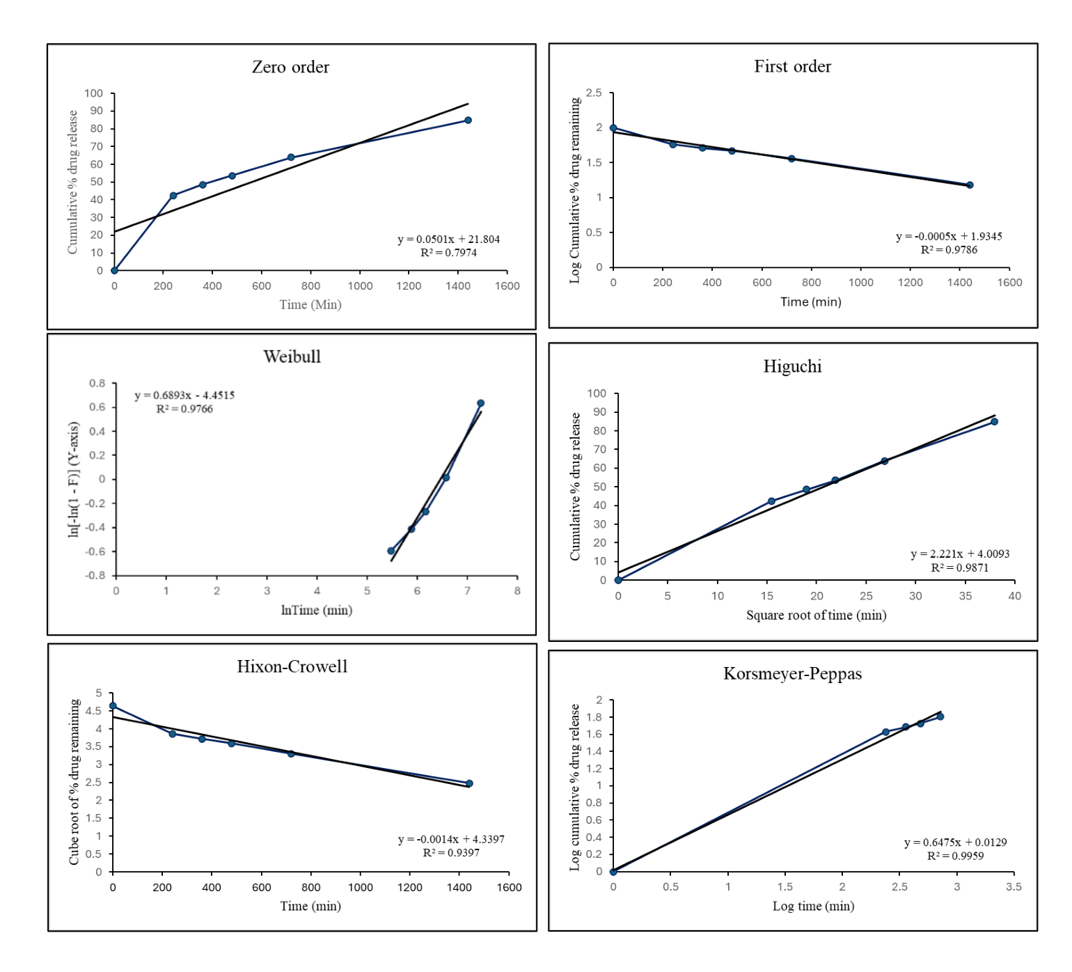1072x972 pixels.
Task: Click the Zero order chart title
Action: click(x=290, y=67)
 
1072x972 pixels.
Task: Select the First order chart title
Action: click(x=792, y=66)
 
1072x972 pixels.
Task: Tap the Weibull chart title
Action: click(x=292, y=356)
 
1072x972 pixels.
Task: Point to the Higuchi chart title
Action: click(x=792, y=366)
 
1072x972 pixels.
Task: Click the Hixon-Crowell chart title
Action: click(x=292, y=666)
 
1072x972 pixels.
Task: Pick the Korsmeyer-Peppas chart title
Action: click(x=792, y=673)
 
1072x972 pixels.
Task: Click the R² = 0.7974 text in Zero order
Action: click(x=448, y=253)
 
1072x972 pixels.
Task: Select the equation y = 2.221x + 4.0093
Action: click(x=960, y=554)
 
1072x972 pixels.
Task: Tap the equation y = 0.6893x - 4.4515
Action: click(x=184, y=395)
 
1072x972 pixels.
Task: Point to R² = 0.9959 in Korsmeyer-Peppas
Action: click(x=955, y=856)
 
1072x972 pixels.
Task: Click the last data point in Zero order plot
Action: click(x=468, y=120)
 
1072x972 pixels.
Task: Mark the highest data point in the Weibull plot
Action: click(x=480, y=403)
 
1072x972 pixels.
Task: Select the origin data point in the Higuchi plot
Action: click(x=618, y=580)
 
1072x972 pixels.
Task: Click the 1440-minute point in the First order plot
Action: click(x=970, y=185)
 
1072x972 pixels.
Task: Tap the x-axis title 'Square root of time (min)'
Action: click(x=816, y=615)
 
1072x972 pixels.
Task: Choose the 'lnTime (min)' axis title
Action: click(x=317, y=610)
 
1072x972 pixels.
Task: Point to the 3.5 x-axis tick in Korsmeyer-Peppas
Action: click(x=1014, y=886)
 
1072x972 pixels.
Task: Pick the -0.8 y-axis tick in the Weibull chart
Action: click(x=95, y=576)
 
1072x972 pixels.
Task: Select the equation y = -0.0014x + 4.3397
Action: click(x=451, y=839)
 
